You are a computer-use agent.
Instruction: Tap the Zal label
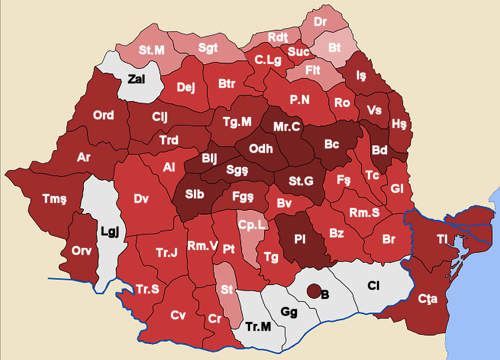coord(136,79)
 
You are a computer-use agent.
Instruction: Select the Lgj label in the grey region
coord(109,231)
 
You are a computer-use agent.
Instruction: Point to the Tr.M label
coord(258,326)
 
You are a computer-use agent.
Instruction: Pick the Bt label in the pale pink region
coord(334,47)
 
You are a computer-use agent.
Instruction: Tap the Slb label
coord(195,194)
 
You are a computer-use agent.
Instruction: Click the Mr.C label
coord(286,127)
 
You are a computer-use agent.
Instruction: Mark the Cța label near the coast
coord(428,299)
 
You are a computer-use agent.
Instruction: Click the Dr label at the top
coord(320,22)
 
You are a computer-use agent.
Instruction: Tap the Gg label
coord(289,312)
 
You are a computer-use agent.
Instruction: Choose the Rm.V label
coord(202,245)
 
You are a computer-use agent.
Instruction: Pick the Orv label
coord(81,250)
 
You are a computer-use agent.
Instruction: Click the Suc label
coord(298,51)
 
